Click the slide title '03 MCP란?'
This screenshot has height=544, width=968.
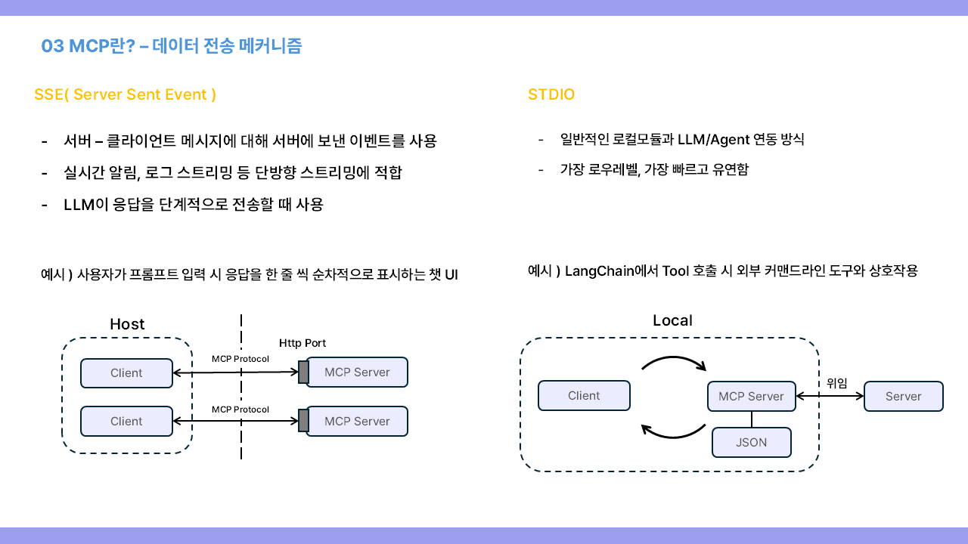[x=88, y=46]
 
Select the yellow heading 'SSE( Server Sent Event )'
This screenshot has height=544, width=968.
[x=126, y=94]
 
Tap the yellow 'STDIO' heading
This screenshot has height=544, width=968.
[x=551, y=94]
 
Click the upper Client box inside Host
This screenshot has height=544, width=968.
[x=126, y=373]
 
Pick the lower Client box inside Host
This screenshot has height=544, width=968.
[x=126, y=422]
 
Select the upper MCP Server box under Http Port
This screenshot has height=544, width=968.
[x=357, y=372]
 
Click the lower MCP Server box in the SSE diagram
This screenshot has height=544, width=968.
[x=357, y=422]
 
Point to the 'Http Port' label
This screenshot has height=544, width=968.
[x=302, y=343]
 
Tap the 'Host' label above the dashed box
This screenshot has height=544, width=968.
[x=127, y=324]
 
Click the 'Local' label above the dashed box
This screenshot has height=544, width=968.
[x=672, y=320]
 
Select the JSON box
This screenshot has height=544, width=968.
[x=751, y=443]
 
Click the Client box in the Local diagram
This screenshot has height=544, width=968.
[x=584, y=396]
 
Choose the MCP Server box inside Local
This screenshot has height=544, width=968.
[x=751, y=397]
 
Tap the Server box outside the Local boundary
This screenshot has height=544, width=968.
[x=904, y=397]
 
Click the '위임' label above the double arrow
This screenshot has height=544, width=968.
[x=836, y=382]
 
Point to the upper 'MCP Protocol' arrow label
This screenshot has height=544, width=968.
[x=240, y=359]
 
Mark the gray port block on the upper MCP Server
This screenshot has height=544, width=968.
[x=303, y=372]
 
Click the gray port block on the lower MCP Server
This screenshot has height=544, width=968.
[x=303, y=422]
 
